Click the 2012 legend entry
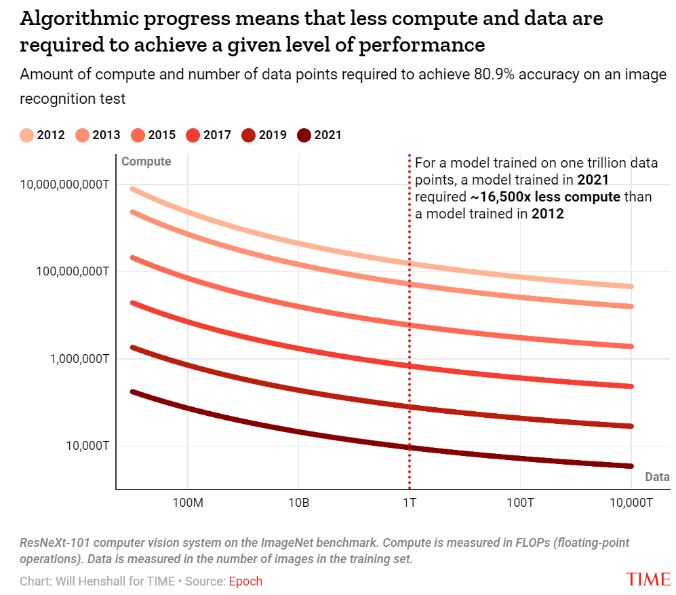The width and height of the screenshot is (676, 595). pyautogui.click(x=43, y=135)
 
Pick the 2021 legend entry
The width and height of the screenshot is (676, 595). pyautogui.click(x=319, y=135)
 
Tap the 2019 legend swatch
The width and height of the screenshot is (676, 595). pyautogui.click(x=248, y=135)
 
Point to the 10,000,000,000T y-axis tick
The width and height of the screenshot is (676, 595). pyautogui.click(x=64, y=185)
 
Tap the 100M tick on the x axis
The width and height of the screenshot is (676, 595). pyautogui.click(x=187, y=503)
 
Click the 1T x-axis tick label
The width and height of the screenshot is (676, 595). pyautogui.click(x=410, y=503)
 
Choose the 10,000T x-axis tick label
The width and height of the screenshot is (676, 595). pyautogui.click(x=631, y=503)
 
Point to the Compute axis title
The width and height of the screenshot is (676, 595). pyautogui.click(x=146, y=162)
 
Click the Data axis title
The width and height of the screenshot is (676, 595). pyautogui.click(x=657, y=477)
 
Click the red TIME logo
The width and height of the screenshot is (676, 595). pyautogui.click(x=648, y=579)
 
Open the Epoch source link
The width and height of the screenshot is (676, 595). pyautogui.click(x=245, y=581)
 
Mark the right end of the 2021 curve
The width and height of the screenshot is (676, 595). pyautogui.click(x=631, y=466)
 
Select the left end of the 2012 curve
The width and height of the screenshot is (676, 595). pyautogui.click(x=133, y=189)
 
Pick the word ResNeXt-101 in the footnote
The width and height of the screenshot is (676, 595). pyautogui.click(x=54, y=543)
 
